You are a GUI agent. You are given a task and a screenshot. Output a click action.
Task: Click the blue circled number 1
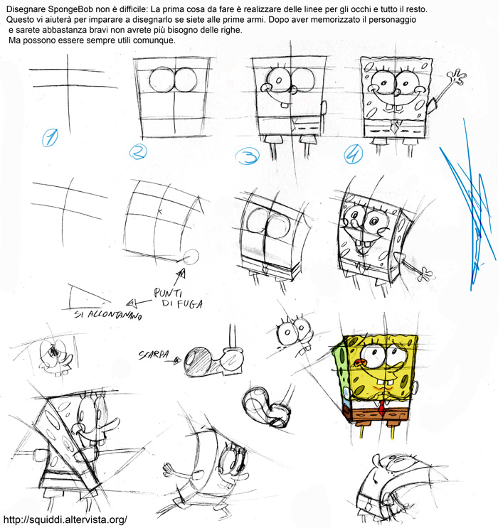tap(50, 138)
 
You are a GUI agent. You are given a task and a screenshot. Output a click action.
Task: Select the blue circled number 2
tap(138, 153)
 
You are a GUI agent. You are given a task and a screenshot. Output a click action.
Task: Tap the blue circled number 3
tap(247, 156)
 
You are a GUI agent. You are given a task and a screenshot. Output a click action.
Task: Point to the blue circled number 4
tap(354, 154)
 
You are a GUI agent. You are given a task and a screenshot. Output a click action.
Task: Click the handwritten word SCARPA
tap(154, 355)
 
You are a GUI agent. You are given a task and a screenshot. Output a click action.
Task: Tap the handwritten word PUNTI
tap(168, 293)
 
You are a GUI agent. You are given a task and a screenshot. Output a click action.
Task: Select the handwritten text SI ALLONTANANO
tap(108, 316)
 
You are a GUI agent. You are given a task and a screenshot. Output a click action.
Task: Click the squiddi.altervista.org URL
tap(65, 519)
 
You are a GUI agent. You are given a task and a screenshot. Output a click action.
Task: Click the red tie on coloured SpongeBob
tap(381, 408)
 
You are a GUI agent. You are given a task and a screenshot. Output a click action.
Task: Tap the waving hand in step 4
tap(457, 77)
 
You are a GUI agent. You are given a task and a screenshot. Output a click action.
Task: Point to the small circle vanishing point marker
tap(192, 257)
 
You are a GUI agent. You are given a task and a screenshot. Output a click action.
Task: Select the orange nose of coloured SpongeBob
tap(361, 363)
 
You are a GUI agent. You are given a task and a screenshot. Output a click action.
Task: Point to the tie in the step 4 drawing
tap(394, 127)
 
